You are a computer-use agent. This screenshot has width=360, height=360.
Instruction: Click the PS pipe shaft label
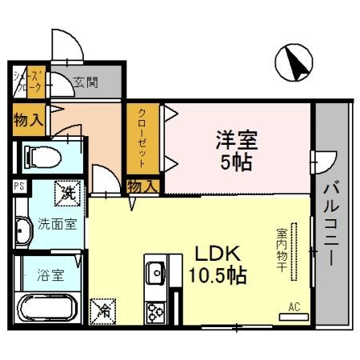coord(18,186)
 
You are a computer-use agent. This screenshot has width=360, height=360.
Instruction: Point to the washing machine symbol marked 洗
coord(67,192)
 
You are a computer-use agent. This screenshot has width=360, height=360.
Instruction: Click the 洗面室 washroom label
coord(58,224)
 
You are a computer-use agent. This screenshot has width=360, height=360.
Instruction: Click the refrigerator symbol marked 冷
coord(102,308)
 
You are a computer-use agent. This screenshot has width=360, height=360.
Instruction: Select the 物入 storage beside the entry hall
coord(28,118)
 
